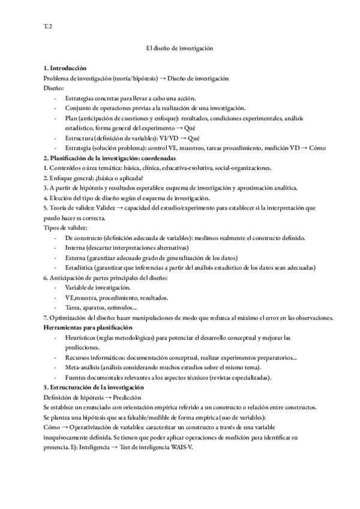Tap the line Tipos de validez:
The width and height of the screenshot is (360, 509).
click(x=65, y=227)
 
